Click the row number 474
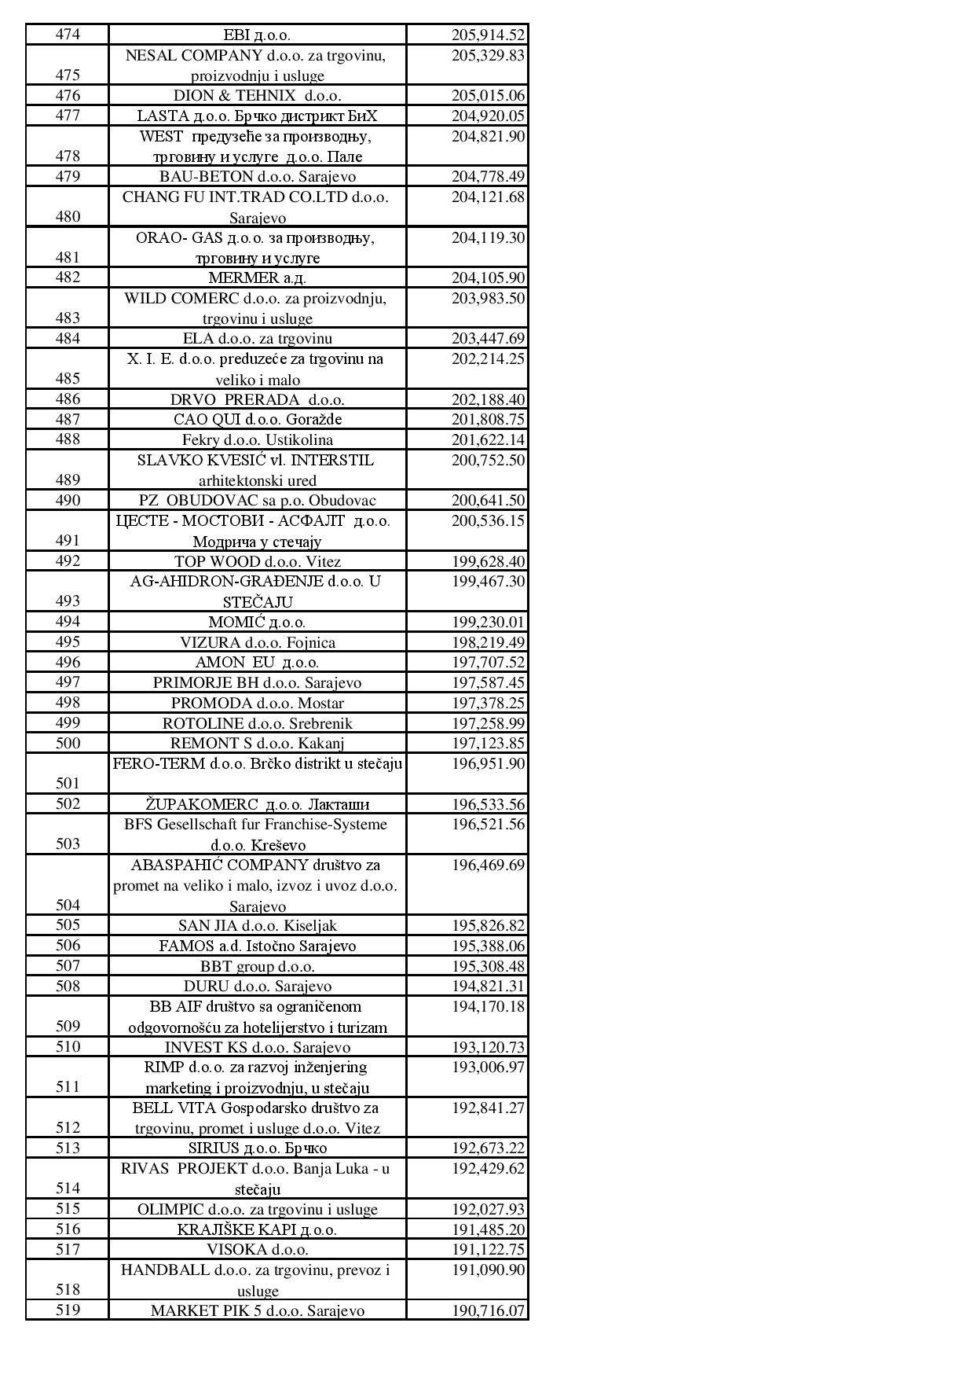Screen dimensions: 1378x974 coord(68,35)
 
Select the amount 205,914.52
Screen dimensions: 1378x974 coord(487,35)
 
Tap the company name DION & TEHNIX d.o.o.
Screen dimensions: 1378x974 coord(257,96)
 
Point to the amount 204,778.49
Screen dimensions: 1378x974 coord(487,177)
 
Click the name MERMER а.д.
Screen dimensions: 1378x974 coord(257,278)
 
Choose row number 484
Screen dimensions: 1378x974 coord(68,339)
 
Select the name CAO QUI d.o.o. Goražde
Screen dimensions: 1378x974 coord(257,420)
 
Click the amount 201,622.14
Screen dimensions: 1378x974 coord(487,440)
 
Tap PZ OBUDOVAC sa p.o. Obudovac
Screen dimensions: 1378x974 coord(257,501)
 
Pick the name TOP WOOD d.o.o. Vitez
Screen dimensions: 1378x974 coord(257,562)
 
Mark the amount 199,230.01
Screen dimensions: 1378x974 coord(487,623)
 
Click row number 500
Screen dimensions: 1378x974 coord(68,744)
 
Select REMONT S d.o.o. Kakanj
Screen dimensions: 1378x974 coord(257,744)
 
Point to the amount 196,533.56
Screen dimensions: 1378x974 coord(487,805)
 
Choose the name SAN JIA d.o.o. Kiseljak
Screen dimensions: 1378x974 coord(257,926)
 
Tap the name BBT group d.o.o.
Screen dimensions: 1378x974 coord(257,967)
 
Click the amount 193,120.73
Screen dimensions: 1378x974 coord(487,1048)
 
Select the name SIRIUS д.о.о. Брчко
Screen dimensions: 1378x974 coord(257,1148)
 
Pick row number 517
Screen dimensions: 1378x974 coord(68,1250)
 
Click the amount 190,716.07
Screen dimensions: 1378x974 coord(487,1311)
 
